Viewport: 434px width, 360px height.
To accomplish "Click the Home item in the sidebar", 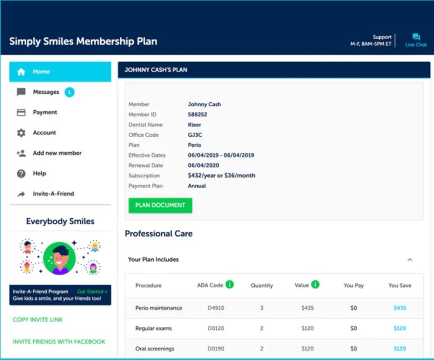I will (41, 72).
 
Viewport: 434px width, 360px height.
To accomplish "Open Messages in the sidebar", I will (46, 92).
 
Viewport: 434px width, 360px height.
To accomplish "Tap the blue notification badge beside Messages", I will (70, 92).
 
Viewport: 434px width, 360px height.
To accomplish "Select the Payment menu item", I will (45, 112).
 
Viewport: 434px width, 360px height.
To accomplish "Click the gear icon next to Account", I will (21, 133).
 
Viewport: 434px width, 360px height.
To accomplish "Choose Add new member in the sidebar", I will (57, 153).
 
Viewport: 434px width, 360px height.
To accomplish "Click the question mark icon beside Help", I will (21, 174).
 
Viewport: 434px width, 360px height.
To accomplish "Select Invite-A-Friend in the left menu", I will (53, 194).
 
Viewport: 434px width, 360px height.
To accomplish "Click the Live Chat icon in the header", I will (416, 38).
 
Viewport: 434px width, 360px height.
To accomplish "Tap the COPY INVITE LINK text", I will (38, 320).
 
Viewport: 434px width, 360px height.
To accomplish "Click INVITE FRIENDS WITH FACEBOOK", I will (59, 341).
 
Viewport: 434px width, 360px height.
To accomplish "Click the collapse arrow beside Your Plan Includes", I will (410, 260).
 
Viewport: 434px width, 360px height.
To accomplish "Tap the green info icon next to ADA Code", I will (229, 285).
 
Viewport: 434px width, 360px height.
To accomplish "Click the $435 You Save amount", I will (400, 308).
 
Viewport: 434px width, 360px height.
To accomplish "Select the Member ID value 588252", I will (198, 115).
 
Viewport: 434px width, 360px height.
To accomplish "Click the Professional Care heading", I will (159, 233).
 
